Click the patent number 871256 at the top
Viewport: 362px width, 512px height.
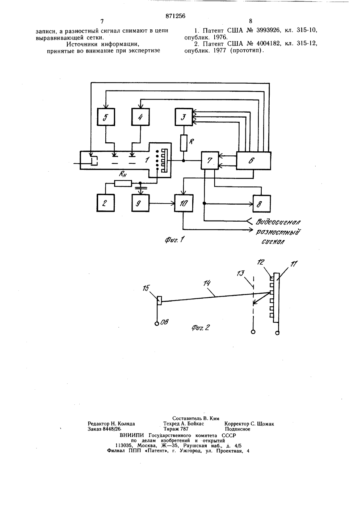pyautogui.click(x=175, y=16)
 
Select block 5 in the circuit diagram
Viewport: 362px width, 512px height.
pyautogui.click(x=106, y=117)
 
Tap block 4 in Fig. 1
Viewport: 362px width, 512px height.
pyautogui.click(x=140, y=117)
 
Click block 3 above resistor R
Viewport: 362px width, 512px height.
pyautogui.click(x=184, y=117)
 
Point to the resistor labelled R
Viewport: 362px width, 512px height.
pyautogui.click(x=184, y=143)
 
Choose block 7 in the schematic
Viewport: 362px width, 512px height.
pyautogui.click(x=210, y=160)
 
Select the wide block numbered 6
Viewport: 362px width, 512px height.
pyautogui.click(x=253, y=161)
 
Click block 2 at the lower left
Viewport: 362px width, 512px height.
pyautogui.click(x=106, y=203)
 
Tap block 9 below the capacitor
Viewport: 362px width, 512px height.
pyautogui.click(x=140, y=203)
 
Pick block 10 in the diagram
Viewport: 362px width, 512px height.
pyautogui.click(x=184, y=203)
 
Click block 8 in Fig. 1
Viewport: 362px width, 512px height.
pyautogui.click(x=262, y=203)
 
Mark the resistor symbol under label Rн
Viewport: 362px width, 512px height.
pyautogui.click(x=123, y=183)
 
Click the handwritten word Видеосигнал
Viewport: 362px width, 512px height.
pyautogui.click(x=278, y=222)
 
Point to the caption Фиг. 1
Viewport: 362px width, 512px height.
pyautogui.click(x=174, y=240)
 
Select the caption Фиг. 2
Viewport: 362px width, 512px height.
pyautogui.click(x=201, y=328)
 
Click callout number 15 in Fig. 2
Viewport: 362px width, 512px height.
pyautogui.click(x=146, y=288)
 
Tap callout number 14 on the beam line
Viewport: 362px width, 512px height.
pyautogui.click(x=207, y=284)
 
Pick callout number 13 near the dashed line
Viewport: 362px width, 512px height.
pyautogui.click(x=240, y=273)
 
